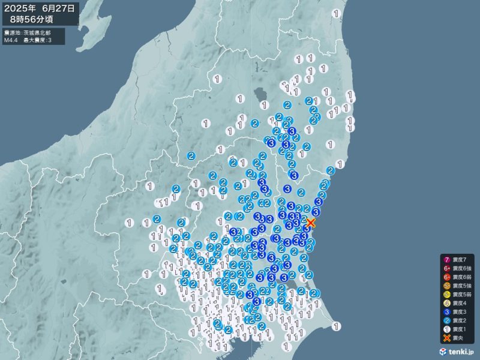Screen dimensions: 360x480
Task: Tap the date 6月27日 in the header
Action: [x=59, y=8]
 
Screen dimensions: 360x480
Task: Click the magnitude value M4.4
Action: [x=10, y=40]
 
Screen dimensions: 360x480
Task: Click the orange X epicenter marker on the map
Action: [x=311, y=222]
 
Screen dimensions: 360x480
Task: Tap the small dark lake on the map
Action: [x=261, y=95]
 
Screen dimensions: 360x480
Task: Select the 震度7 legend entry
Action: [x=459, y=259]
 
